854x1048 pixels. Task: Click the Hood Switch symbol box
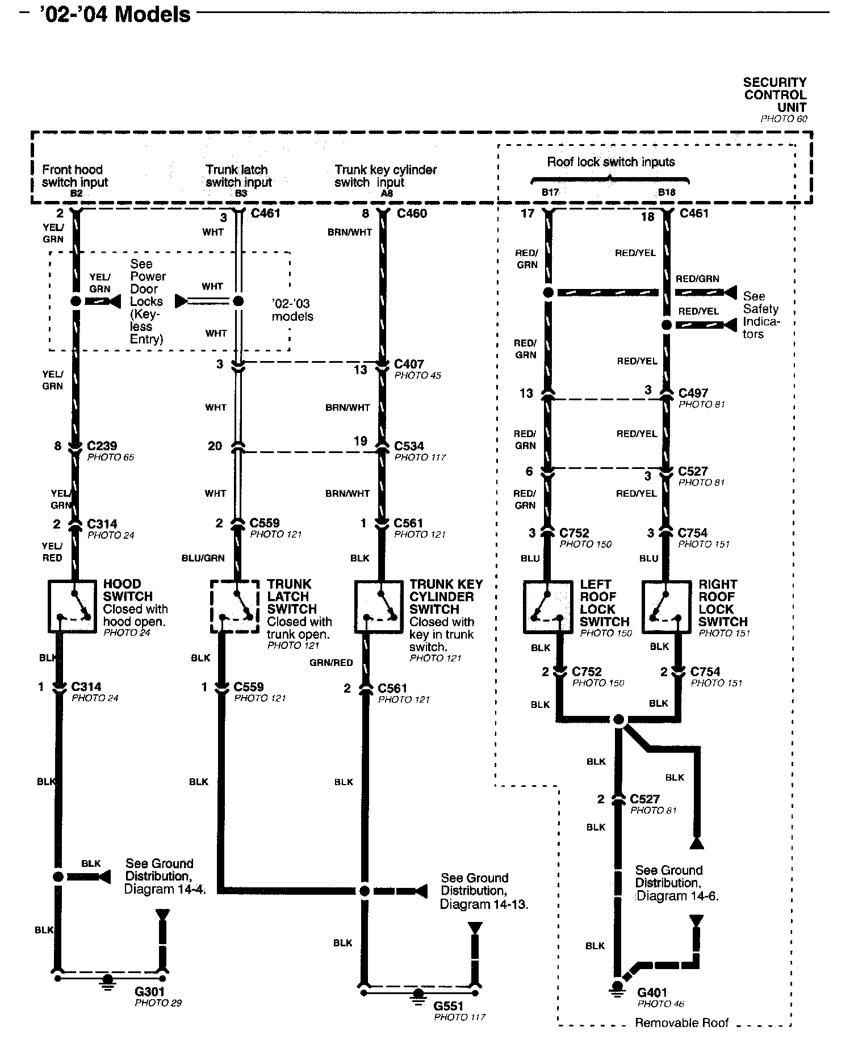(x=72, y=606)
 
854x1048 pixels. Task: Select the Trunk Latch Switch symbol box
(x=235, y=606)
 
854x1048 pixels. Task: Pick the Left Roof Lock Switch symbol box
(x=548, y=607)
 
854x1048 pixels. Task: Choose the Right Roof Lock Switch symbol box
(x=667, y=607)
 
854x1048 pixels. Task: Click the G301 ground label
(x=149, y=992)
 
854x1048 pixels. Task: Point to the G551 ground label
(x=449, y=1006)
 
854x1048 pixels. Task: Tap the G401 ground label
(x=652, y=992)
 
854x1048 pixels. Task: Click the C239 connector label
(x=102, y=446)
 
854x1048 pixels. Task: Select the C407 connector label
(x=409, y=364)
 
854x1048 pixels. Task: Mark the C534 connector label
(x=409, y=446)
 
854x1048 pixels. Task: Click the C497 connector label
(x=693, y=393)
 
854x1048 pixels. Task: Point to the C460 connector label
(x=412, y=213)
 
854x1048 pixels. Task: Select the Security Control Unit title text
(x=775, y=95)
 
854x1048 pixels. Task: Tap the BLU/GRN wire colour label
(x=203, y=558)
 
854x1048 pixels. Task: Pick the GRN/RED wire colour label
(x=331, y=663)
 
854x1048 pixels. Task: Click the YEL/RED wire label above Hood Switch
(x=52, y=552)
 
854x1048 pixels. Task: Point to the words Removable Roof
(x=681, y=1022)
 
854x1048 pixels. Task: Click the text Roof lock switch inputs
(x=611, y=162)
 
